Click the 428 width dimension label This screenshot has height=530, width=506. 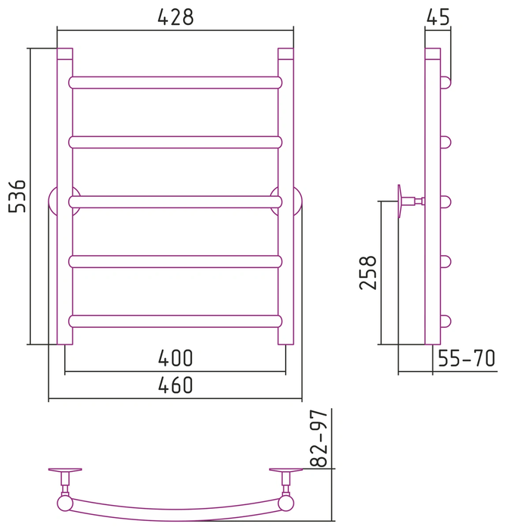(x=175, y=17)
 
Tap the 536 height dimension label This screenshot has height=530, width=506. (x=17, y=196)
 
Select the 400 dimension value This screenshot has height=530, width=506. (x=175, y=358)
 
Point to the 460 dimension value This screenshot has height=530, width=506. (x=175, y=385)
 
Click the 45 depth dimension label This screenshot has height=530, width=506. (x=438, y=17)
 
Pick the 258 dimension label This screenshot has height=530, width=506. (x=368, y=273)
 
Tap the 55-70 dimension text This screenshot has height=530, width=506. (x=467, y=358)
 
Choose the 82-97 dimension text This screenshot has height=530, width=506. (x=318, y=438)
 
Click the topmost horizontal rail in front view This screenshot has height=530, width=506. (x=175, y=83)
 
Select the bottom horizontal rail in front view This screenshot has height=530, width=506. (x=175, y=322)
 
